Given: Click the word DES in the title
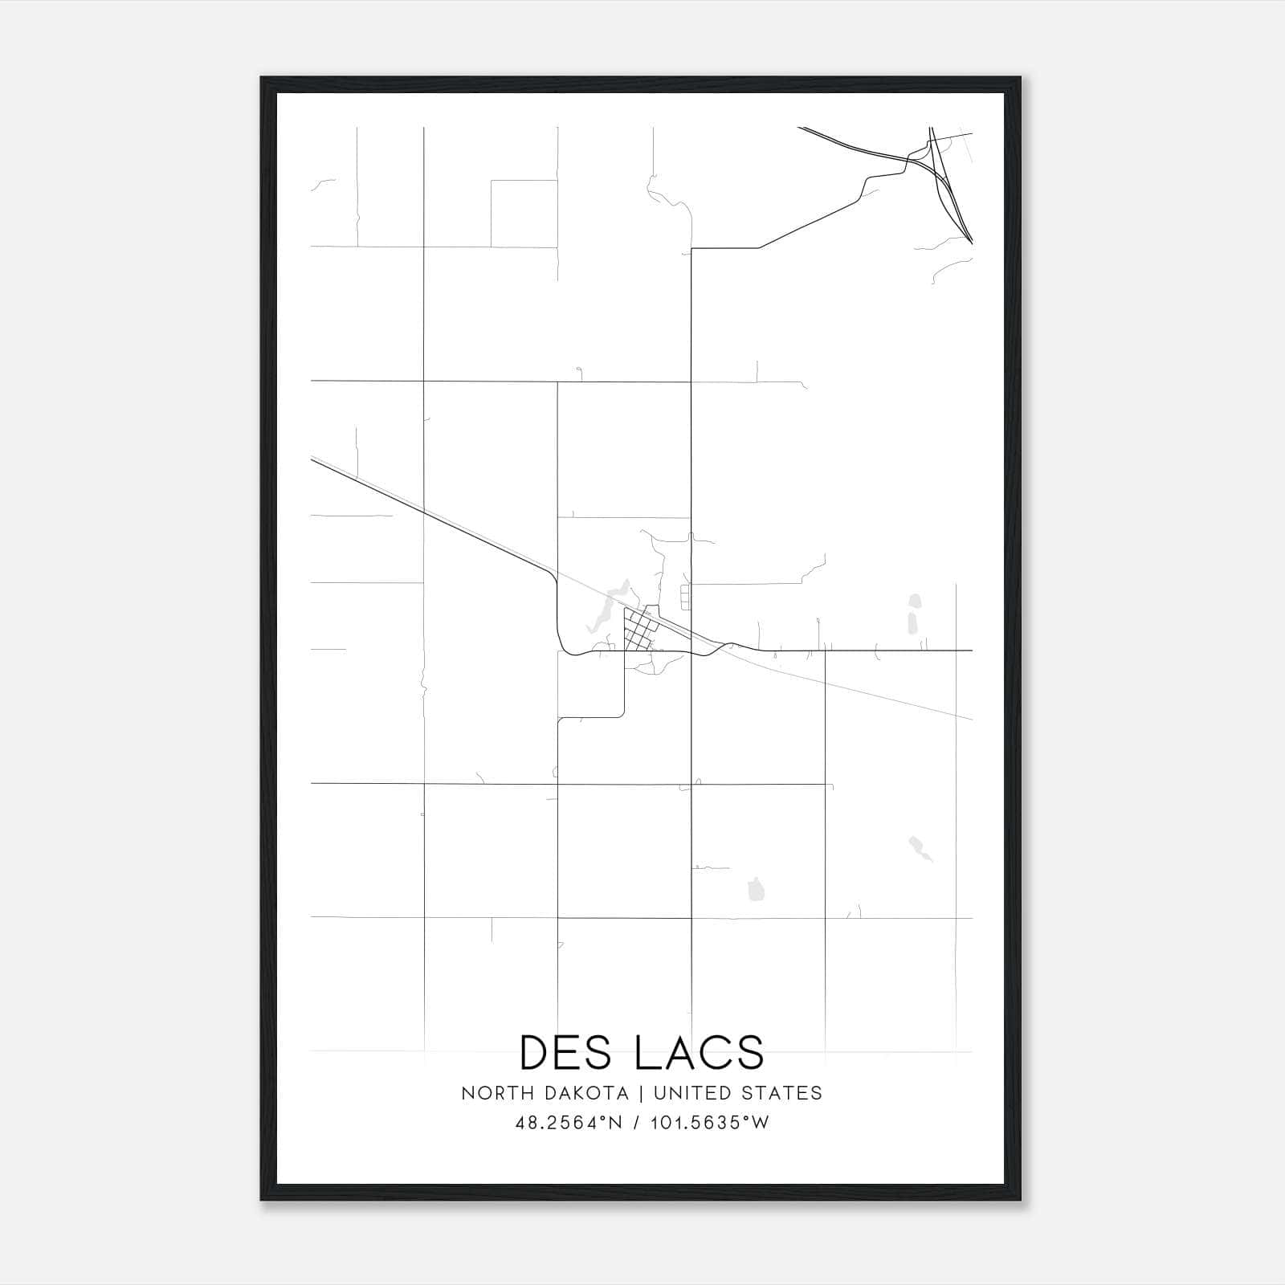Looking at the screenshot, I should [x=568, y=1053].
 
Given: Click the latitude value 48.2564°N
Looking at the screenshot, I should [x=569, y=1123].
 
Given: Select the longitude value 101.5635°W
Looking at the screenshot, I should [x=708, y=1123].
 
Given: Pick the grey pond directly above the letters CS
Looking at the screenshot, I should [x=755, y=889].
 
